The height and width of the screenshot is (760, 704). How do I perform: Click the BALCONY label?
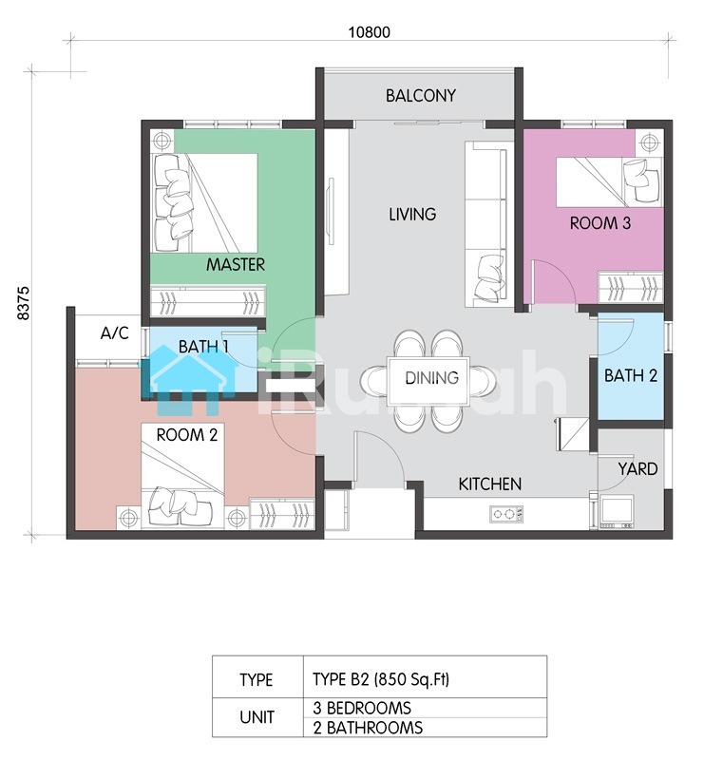coord(420,96)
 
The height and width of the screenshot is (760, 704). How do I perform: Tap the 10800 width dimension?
coord(370,32)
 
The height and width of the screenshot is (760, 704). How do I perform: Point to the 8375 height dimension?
coord(23,303)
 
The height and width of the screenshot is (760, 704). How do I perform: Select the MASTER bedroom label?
coord(236,265)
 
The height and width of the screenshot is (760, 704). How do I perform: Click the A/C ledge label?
coord(114,333)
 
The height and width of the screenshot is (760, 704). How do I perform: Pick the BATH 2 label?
coord(630,375)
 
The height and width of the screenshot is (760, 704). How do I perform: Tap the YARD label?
coord(637,469)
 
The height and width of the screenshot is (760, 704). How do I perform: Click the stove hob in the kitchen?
coord(506,514)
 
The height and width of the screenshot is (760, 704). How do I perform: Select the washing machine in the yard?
coord(617,511)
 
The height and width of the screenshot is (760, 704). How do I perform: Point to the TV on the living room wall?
coord(332,212)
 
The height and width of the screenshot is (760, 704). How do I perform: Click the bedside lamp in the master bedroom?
coord(162,141)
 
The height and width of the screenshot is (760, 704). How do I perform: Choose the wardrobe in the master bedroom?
coord(208,301)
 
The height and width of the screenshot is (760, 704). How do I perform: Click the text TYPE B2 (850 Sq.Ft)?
coord(381,679)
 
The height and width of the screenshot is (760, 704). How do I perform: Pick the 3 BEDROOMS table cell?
coord(425,708)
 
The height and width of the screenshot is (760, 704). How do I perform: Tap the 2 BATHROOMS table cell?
coord(425,728)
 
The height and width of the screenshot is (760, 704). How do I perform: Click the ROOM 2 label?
coord(186,435)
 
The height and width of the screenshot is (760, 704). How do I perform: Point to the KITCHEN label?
coord(490,484)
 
